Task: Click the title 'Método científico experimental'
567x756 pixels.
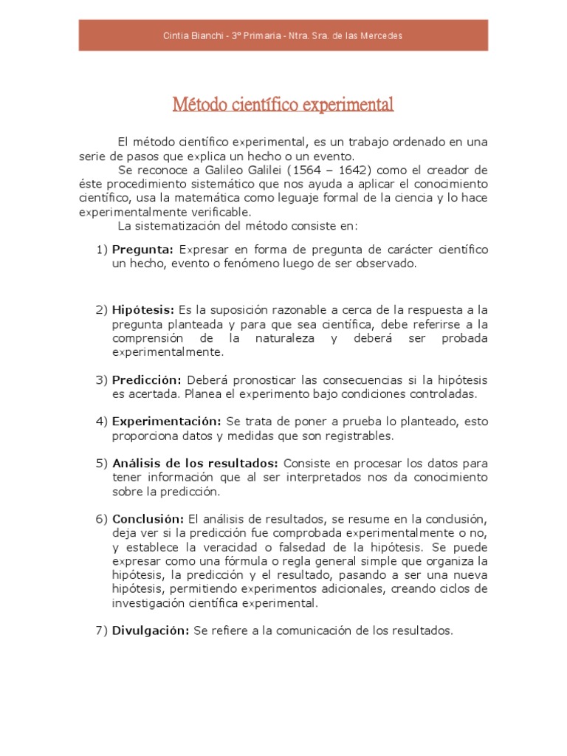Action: coord(283,104)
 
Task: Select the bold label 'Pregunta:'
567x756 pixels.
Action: coord(143,250)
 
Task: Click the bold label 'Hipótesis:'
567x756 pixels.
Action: coord(143,309)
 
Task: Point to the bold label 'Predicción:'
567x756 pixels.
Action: coord(147,379)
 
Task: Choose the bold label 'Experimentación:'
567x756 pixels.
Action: coord(166,422)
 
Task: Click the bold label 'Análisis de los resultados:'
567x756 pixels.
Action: coord(195,463)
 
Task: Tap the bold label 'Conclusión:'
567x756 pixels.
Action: coord(148,518)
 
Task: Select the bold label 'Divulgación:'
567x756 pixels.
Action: coord(151,630)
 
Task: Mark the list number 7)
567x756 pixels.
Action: coord(102,630)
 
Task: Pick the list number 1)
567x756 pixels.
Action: coord(102,250)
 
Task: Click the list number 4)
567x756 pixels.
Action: coord(102,422)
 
